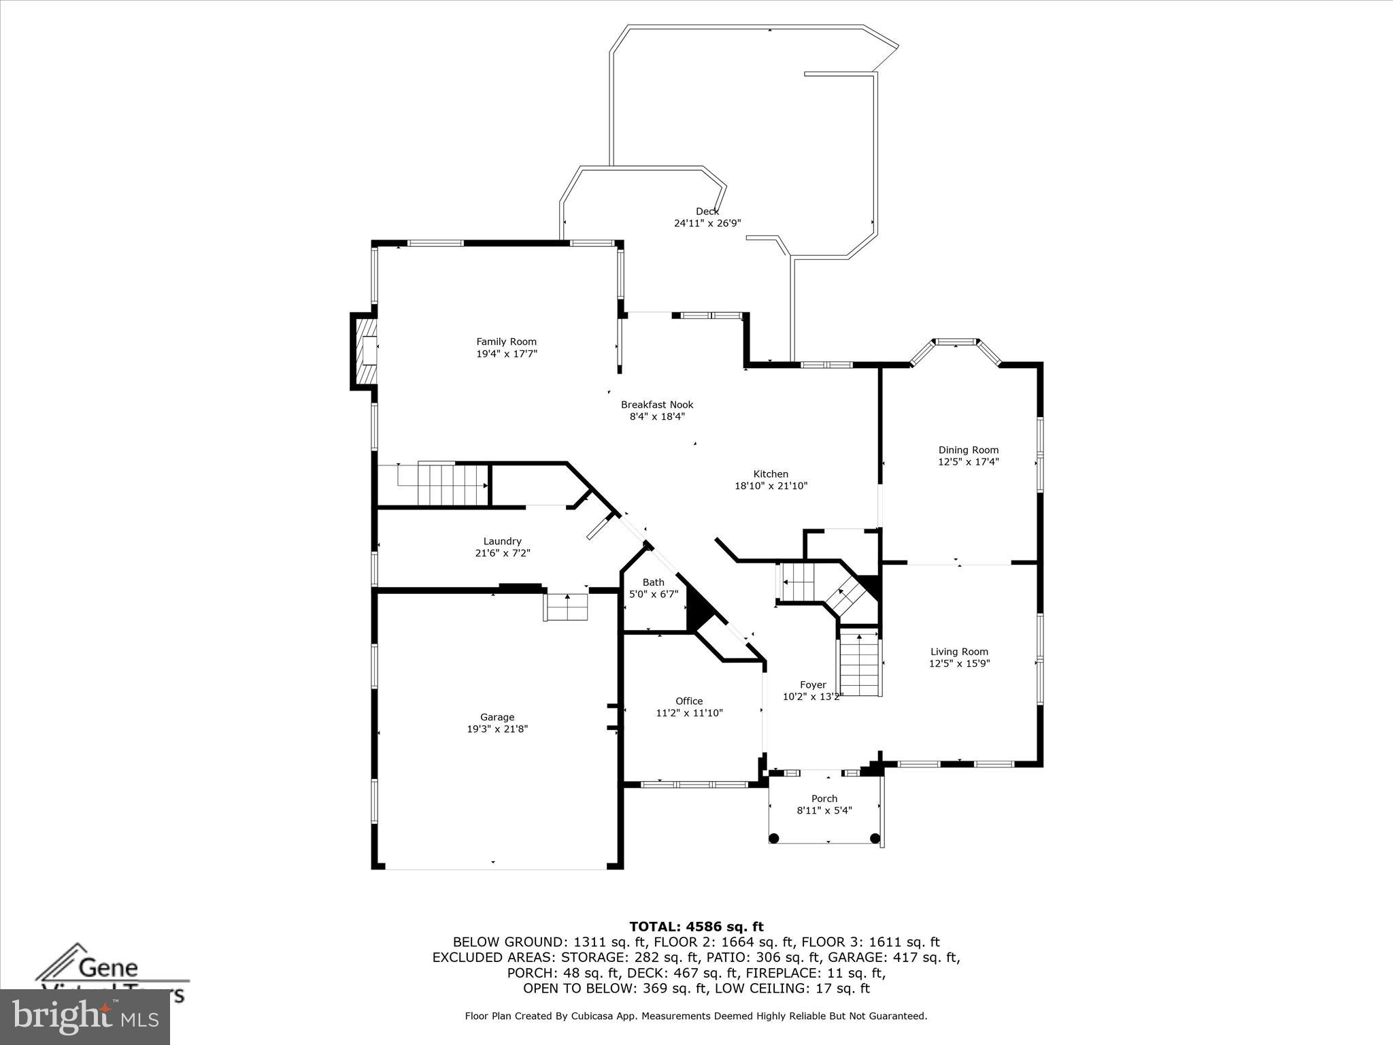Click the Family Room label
pyautogui.click(x=506, y=342)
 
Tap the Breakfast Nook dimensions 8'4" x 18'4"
pyautogui.click(x=656, y=416)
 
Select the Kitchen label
pyautogui.click(x=770, y=474)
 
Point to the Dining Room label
pyautogui.click(x=968, y=450)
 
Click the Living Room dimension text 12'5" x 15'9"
pyautogui.click(x=959, y=663)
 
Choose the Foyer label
pyautogui.click(x=812, y=685)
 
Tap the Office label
pyautogui.click(x=688, y=701)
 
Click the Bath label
pyautogui.click(x=653, y=582)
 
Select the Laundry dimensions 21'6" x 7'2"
pyautogui.click(x=502, y=553)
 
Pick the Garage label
pyautogui.click(x=497, y=717)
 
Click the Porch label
pyautogui.click(x=824, y=799)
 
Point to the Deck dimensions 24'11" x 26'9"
pyautogui.click(x=707, y=223)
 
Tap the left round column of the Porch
pyautogui.click(x=773, y=838)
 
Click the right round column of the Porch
pyautogui.click(x=875, y=838)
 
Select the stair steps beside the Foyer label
pyautogui.click(x=860, y=663)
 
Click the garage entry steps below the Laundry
pyautogui.click(x=566, y=606)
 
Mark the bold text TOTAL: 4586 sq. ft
pyautogui.click(x=696, y=927)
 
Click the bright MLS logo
pyautogui.click(x=85, y=1017)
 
